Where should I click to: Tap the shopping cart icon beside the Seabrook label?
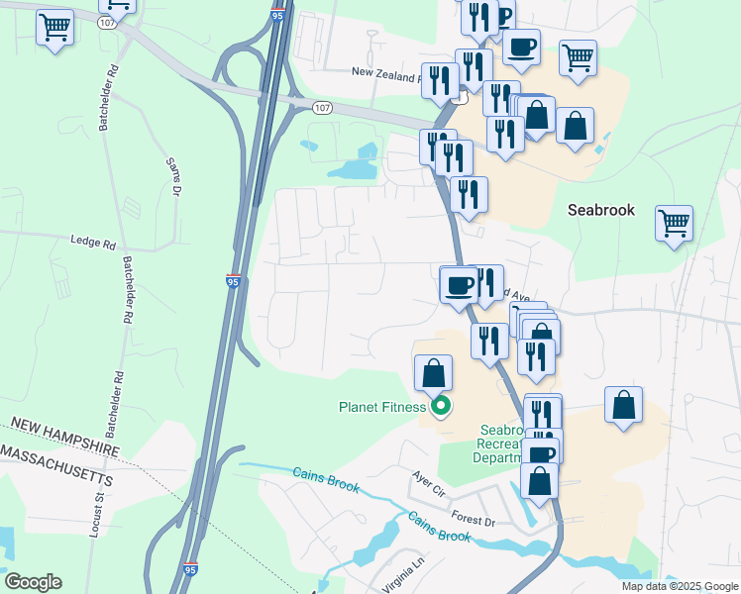(x=674, y=225)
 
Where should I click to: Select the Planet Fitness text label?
(x=381, y=407)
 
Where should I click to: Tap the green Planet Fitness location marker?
(x=441, y=406)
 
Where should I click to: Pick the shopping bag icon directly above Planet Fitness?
(x=433, y=374)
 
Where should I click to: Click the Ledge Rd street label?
(x=93, y=242)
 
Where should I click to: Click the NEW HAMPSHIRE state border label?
(x=60, y=438)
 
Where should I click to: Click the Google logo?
(x=33, y=582)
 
